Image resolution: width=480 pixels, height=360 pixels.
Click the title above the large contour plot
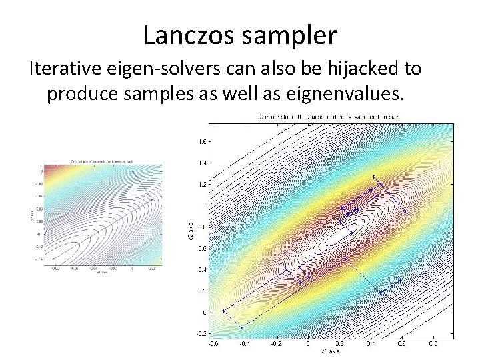333,117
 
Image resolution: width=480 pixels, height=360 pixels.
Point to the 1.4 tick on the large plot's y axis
200,163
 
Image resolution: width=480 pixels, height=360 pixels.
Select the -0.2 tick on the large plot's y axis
199,333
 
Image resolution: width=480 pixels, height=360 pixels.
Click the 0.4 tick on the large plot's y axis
200,269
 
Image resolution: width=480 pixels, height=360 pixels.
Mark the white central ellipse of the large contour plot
343,234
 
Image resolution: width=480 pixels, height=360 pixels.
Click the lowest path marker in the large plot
241,327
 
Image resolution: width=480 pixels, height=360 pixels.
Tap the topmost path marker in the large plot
373,177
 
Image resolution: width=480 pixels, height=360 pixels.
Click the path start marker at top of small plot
132,171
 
